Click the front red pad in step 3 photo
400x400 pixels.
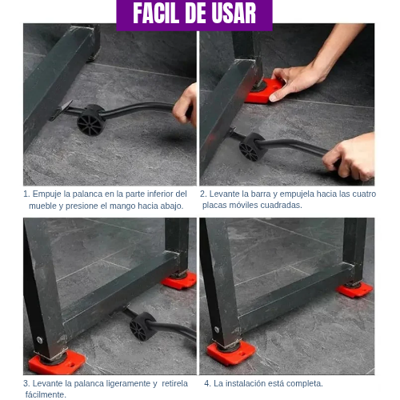[x=56, y=362]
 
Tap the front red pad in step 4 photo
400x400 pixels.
[x=230, y=352]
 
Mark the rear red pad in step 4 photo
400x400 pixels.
[x=353, y=290]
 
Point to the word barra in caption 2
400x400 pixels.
[x=264, y=194]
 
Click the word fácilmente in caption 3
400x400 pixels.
[x=46, y=394]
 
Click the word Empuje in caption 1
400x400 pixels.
[x=48, y=194]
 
